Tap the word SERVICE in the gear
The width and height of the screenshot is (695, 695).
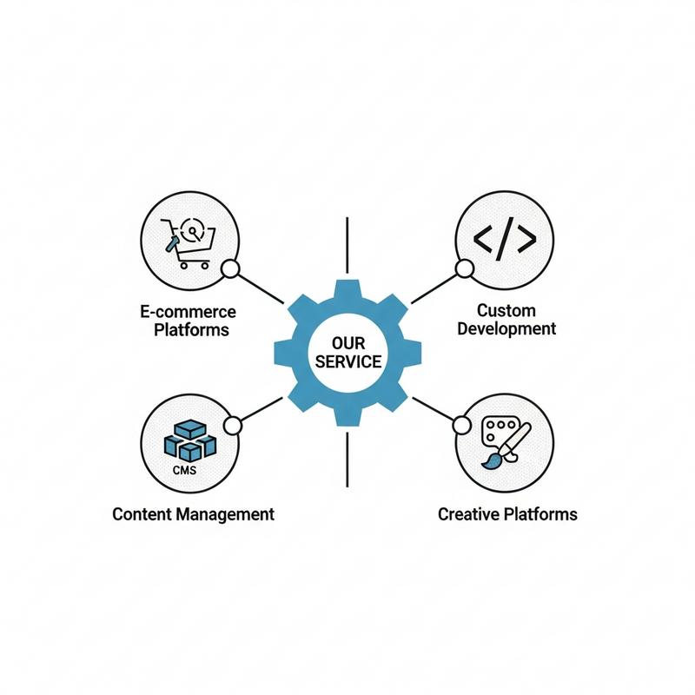coord(347,361)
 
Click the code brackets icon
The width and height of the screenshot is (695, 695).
coord(503,239)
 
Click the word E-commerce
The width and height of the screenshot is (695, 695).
coord(188,311)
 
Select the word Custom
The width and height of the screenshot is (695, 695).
coord(506,310)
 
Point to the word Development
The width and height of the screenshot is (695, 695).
coord(506,328)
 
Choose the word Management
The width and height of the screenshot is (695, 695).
coord(225,513)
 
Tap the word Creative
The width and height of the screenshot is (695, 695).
coord(468,513)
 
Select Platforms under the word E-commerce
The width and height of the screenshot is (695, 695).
coord(191,329)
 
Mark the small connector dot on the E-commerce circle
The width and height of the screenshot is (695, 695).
coord(231,269)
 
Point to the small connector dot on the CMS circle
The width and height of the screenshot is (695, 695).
coord(231,425)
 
